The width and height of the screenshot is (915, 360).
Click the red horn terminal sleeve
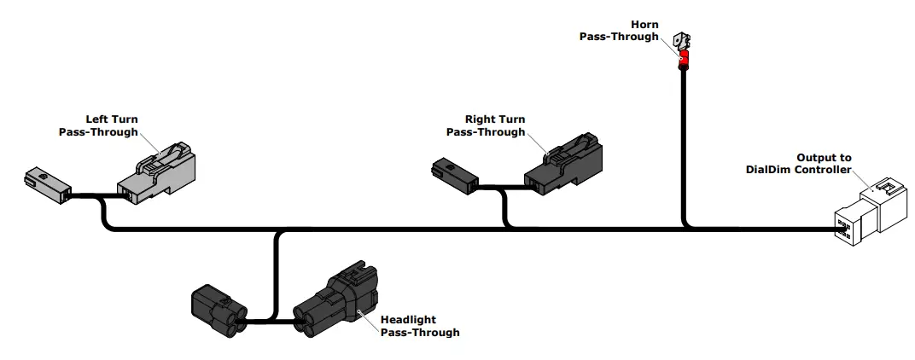pos(683,61)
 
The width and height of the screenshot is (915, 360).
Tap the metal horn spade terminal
pos(683,40)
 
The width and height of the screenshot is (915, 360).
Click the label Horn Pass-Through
pos(619,31)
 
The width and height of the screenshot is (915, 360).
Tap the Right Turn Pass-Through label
pos(486,125)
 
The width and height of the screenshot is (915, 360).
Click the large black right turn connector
pos(562,165)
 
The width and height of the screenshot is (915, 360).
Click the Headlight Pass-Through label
pos(420,326)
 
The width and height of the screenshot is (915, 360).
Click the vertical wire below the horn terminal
pos(683,145)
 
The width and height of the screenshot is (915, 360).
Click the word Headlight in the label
pos(408,320)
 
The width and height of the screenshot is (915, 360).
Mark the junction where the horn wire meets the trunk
pos(684,228)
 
